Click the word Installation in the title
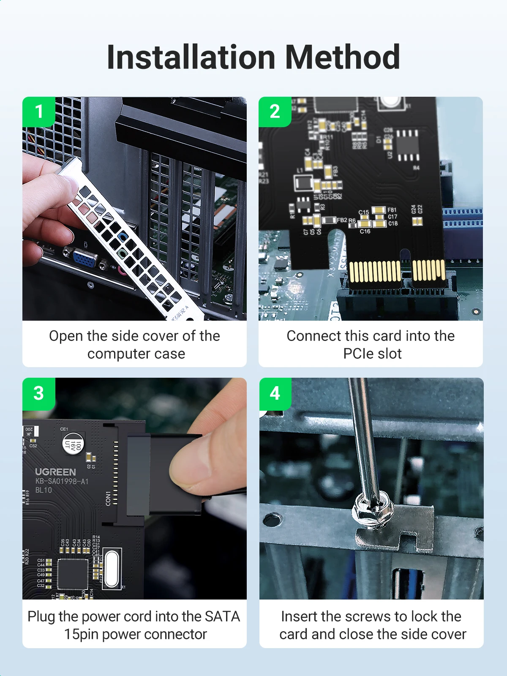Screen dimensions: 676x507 click(x=191, y=57)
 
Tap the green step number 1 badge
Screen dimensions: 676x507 click(x=38, y=112)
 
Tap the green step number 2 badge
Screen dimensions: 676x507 click(x=275, y=112)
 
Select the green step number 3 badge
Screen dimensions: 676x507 click(x=38, y=393)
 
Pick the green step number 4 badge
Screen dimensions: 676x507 click(x=275, y=393)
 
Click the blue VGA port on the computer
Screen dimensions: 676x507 click(x=85, y=259)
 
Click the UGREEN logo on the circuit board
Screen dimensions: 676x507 click(x=55, y=472)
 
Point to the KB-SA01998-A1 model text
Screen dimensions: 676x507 click(x=62, y=481)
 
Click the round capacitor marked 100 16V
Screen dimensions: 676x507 click(x=74, y=444)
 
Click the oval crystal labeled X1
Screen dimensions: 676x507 click(x=112, y=568)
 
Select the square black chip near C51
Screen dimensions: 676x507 click(x=73, y=574)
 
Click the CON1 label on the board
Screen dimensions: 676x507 click(x=108, y=498)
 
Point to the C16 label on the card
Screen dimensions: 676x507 click(x=365, y=232)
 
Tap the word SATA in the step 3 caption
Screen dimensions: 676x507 click(x=222, y=616)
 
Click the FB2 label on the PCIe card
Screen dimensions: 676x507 click(x=342, y=220)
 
